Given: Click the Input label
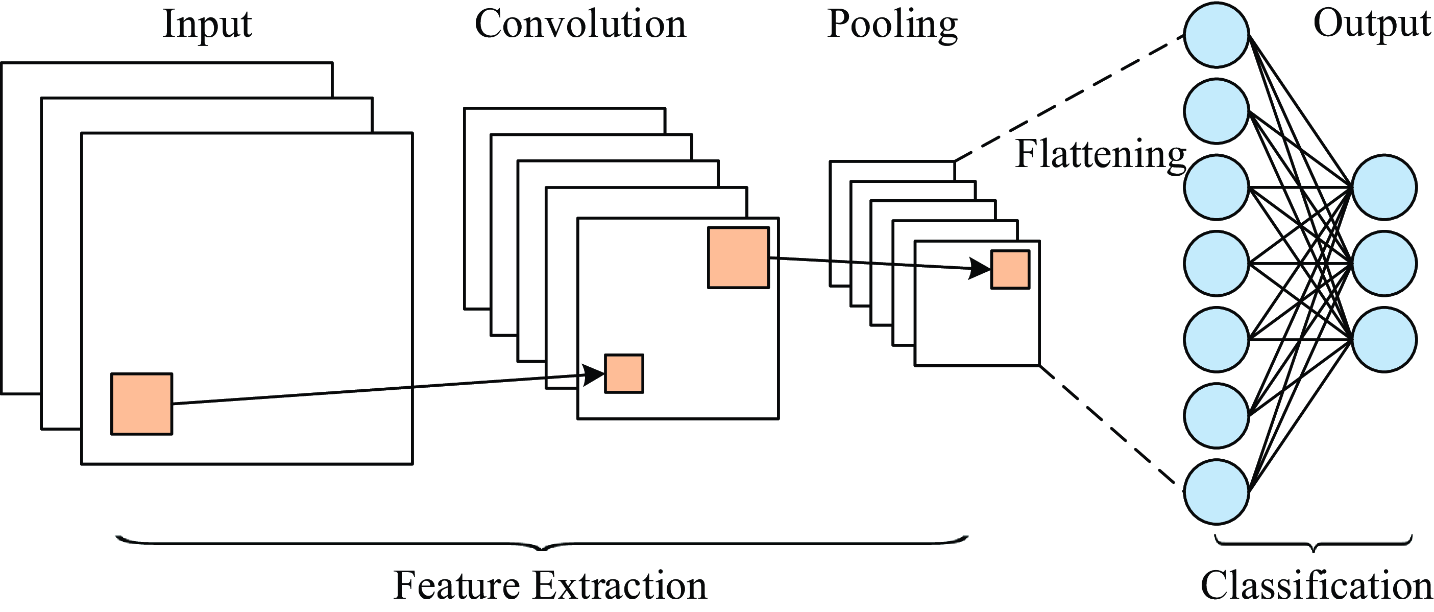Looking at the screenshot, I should [x=207, y=25].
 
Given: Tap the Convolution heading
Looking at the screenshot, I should [x=580, y=25].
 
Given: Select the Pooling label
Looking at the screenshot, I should [x=892, y=26].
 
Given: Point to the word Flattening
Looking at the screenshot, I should [x=1101, y=155].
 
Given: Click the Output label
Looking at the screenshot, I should [x=1372, y=25].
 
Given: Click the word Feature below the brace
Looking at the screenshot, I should [x=456, y=586].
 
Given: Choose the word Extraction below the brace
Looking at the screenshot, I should [x=619, y=586].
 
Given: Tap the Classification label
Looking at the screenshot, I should [x=1316, y=586].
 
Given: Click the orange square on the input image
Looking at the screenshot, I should [x=141, y=404].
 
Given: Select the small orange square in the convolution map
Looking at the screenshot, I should [x=624, y=373].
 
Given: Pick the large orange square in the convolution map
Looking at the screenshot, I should [x=738, y=257].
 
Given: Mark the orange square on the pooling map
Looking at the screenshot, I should [x=1010, y=270].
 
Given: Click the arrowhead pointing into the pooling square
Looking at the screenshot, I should [x=980, y=268].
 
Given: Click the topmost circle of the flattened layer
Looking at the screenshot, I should [x=1217, y=35].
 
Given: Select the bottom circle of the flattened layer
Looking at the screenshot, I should [x=1217, y=492].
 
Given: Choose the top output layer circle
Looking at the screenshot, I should [x=1384, y=187].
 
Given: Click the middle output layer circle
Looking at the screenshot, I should [x=1384, y=264].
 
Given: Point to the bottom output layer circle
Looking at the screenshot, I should [x=1384, y=340].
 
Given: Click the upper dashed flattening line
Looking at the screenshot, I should [x=1069, y=99].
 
